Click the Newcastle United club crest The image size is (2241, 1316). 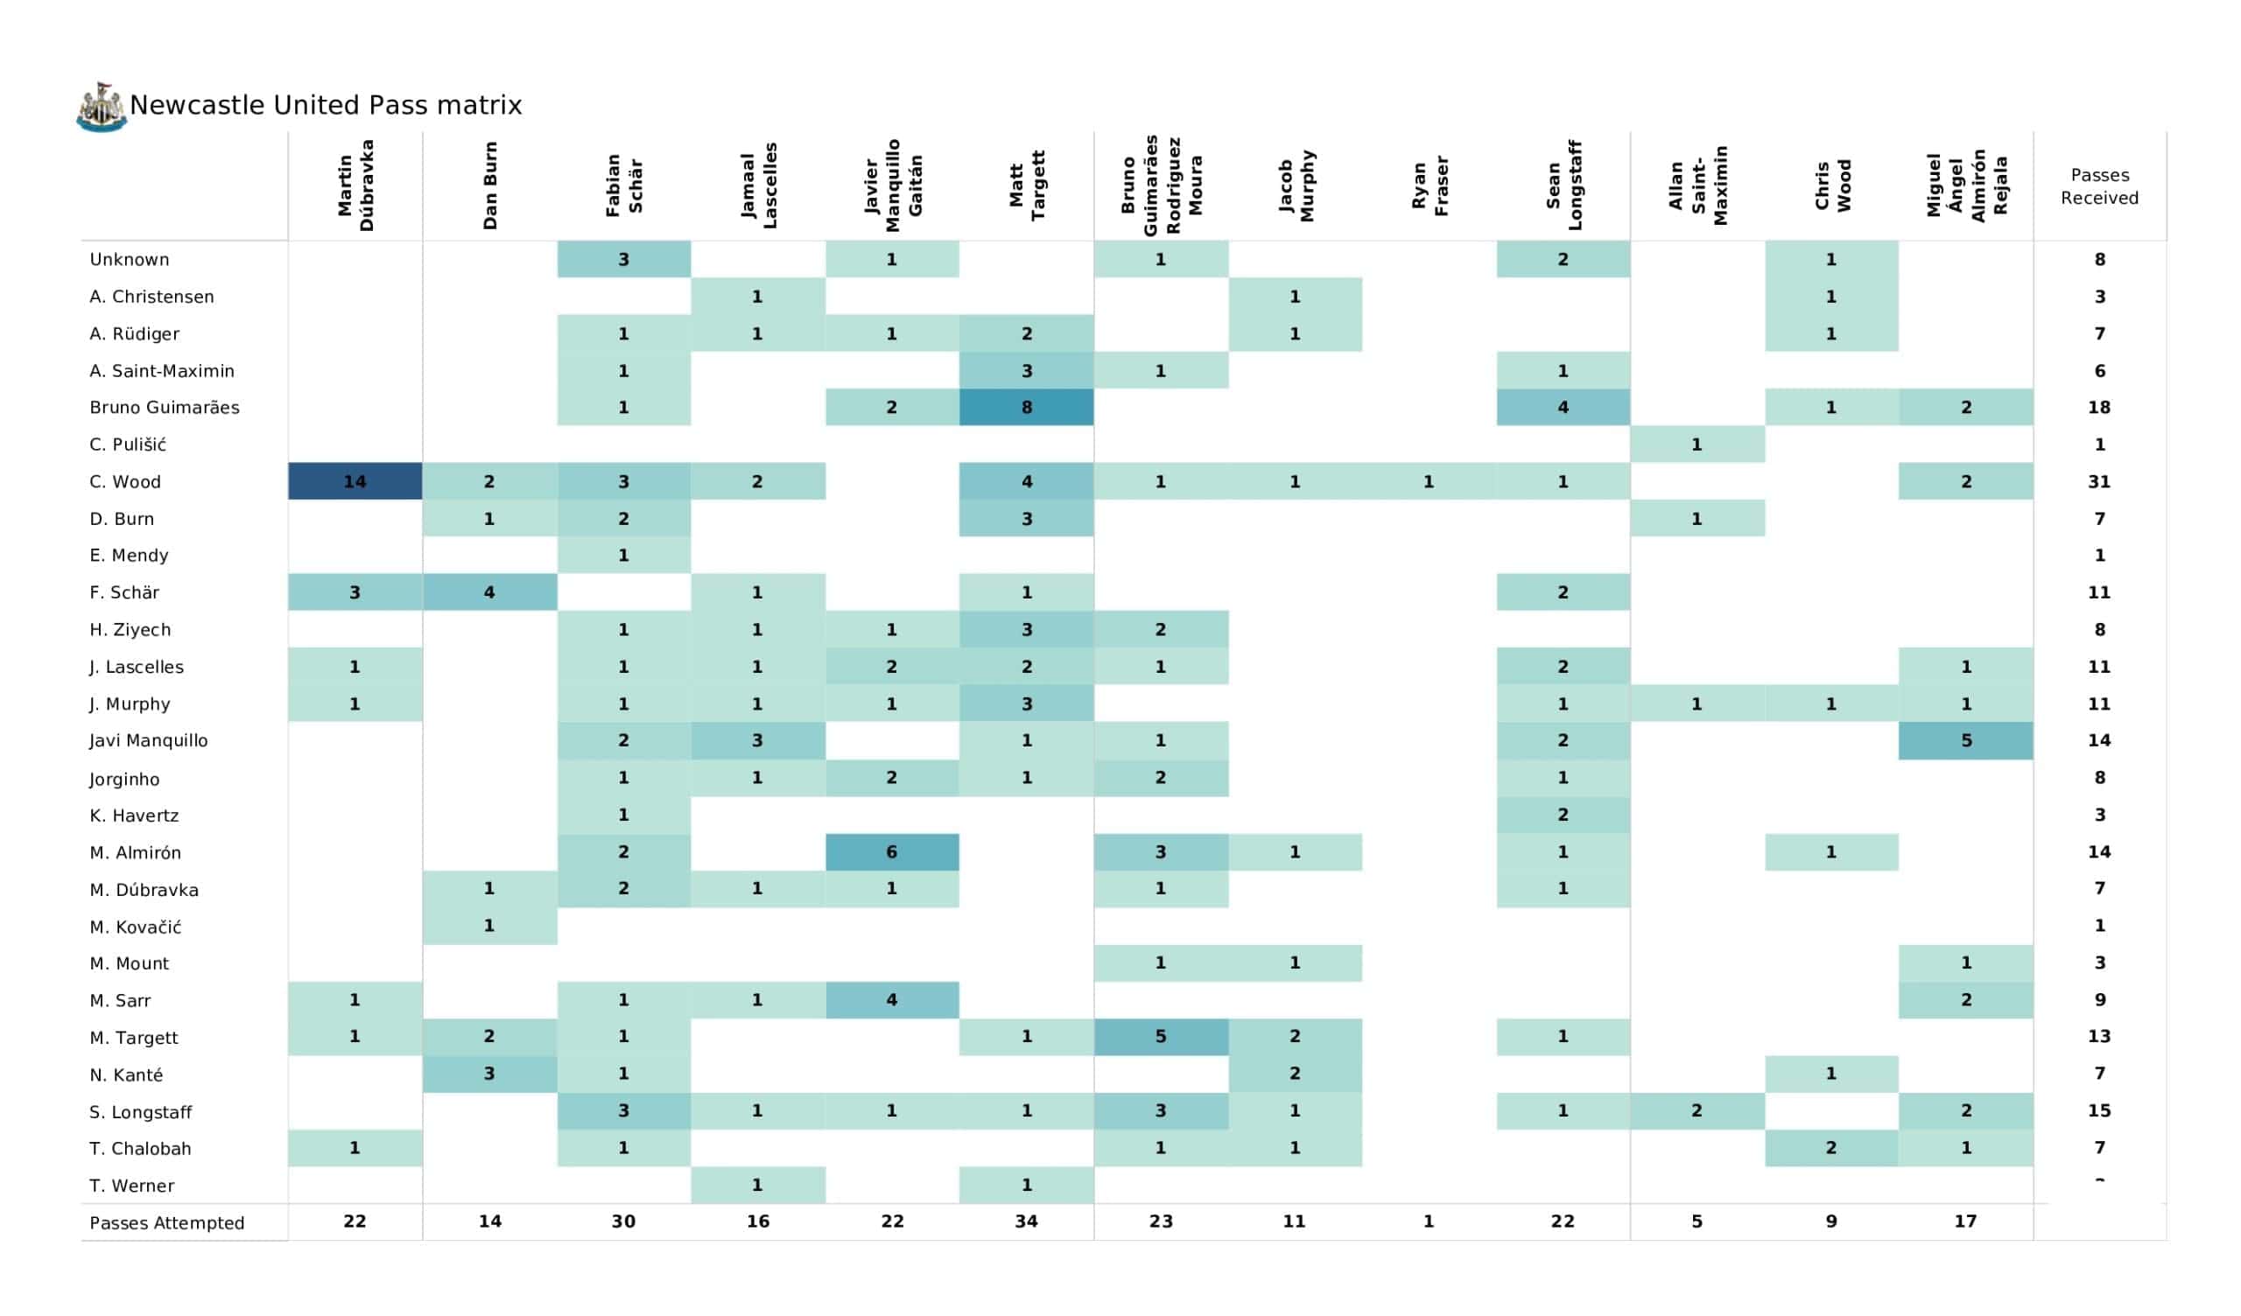(x=101, y=108)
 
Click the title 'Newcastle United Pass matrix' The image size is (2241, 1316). (x=326, y=106)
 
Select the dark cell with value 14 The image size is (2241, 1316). (x=355, y=482)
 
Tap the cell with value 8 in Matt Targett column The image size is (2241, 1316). (x=1026, y=408)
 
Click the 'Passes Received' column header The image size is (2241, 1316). (x=2098, y=186)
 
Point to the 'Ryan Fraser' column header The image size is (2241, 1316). (x=1430, y=186)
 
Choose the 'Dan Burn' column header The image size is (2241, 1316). (x=490, y=186)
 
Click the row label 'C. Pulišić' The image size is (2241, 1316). (x=128, y=444)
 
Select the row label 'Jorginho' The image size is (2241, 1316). (x=124, y=780)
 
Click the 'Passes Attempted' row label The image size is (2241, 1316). (x=167, y=1223)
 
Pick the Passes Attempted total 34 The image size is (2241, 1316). (x=1026, y=1222)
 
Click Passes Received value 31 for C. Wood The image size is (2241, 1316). (x=2098, y=482)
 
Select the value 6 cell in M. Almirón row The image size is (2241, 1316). (x=892, y=853)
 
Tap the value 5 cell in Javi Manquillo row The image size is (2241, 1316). (x=1965, y=742)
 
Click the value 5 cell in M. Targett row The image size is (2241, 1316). (x=1161, y=1038)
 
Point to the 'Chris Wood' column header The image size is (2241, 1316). (x=1832, y=186)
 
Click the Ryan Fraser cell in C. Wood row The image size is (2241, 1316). (x=1430, y=482)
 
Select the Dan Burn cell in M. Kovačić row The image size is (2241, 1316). (x=490, y=927)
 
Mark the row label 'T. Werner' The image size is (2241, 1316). (x=131, y=1187)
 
